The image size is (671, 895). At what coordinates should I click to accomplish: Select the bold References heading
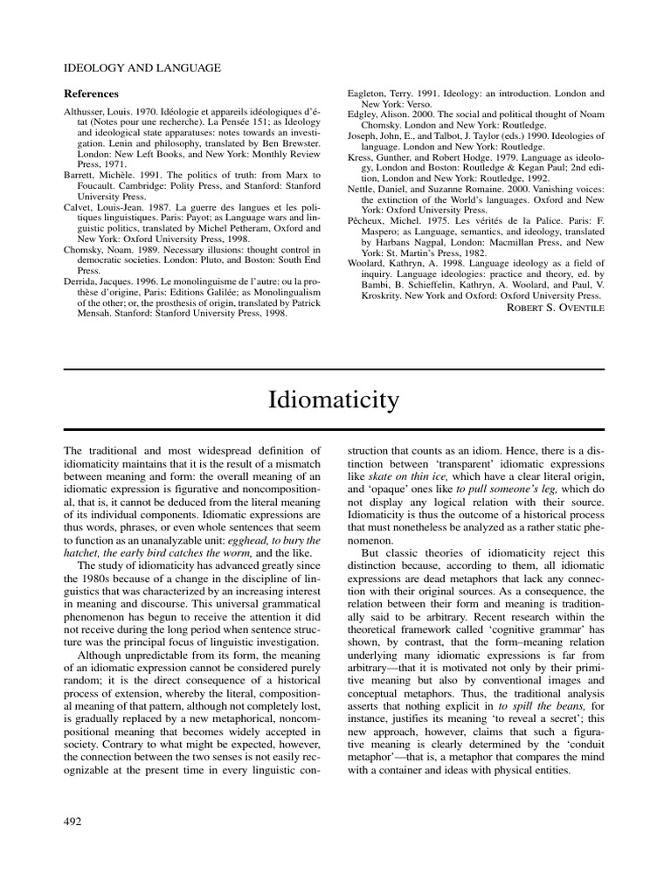click(92, 94)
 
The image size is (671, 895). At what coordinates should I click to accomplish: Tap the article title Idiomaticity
click(335, 400)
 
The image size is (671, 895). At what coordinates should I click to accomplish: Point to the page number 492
click(75, 820)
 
